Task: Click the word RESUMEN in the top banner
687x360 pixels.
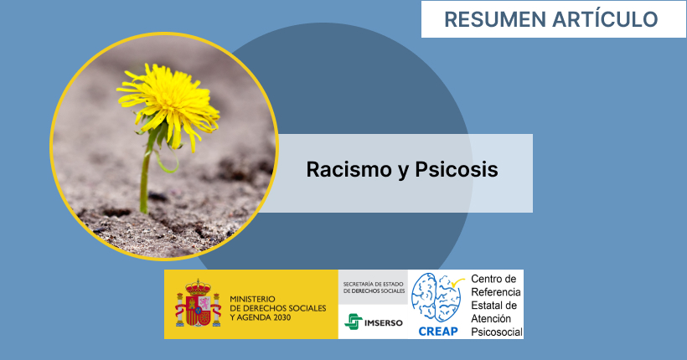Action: (494, 20)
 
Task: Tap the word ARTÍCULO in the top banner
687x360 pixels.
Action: (605, 18)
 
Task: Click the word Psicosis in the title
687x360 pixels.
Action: (457, 169)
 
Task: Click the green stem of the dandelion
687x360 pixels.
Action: (146, 175)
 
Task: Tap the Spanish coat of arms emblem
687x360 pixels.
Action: (198, 303)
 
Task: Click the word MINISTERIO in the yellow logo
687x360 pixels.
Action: (252, 299)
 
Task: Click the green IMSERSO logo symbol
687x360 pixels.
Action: (354, 321)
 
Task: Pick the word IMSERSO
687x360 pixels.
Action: (384, 323)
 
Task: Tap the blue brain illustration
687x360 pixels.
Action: (436, 297)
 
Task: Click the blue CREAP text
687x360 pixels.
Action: (438, 332)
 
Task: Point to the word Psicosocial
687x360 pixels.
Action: (497, 332)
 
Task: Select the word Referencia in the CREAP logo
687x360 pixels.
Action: (496, 292)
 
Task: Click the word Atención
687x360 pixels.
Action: (491, 319)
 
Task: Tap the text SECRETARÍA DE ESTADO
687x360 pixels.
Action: (374, 285)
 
